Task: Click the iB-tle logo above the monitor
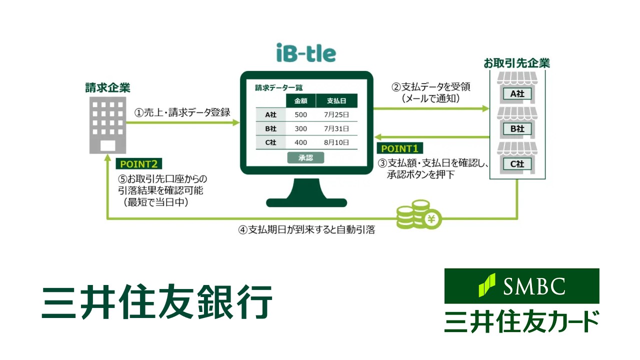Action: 306,52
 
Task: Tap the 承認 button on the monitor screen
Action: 305,157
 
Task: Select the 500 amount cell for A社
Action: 300,114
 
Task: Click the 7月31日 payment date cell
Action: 336,128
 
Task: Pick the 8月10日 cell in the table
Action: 336,142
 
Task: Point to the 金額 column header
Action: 300,100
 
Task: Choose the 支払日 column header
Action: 336,100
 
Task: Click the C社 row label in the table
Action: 270,142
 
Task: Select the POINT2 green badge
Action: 139,163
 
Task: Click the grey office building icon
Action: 107,125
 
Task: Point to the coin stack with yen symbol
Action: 419,215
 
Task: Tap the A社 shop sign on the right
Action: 517,94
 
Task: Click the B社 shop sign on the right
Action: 517,128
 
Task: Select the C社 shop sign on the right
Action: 517,163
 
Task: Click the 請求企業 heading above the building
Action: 107,88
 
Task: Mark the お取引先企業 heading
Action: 516,63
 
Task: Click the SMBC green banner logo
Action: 521,286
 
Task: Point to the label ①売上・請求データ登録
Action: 182,112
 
